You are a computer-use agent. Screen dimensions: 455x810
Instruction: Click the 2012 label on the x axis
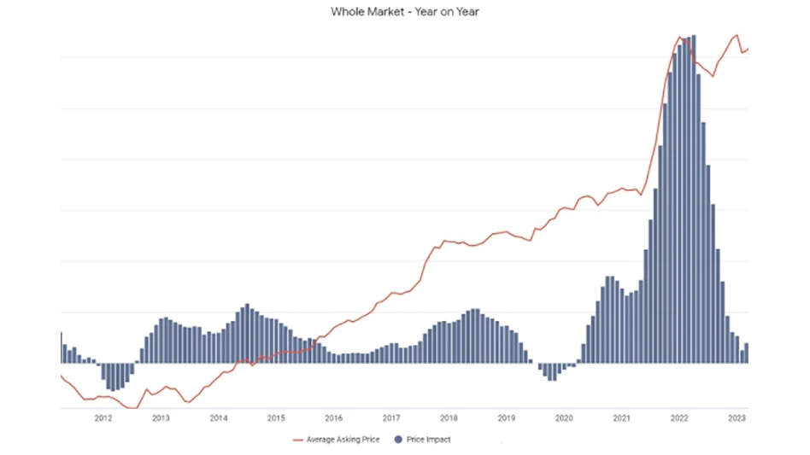pos(103,418)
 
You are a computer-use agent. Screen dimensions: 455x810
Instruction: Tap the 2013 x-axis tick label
pos(161,418)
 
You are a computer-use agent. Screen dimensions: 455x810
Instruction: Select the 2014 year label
pos(219,418)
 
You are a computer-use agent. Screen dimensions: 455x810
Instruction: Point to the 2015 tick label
pos(276,418)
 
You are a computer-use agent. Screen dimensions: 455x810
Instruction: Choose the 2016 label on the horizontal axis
pos(334,418)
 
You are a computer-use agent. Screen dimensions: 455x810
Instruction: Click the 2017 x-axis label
pos(391,418)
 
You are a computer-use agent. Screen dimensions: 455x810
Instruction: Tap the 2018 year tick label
pos(449,418)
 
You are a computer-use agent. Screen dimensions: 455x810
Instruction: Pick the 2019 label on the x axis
pos(507,418)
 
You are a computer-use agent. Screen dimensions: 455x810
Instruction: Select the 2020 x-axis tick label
pos(564,418)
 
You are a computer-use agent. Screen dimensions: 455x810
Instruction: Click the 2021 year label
pos(622,418)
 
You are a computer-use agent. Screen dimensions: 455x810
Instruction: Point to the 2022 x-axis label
pos(679,418)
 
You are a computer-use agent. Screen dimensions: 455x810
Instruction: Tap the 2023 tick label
pos(737,418)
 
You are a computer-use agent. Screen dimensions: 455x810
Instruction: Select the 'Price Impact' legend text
pos(430,440)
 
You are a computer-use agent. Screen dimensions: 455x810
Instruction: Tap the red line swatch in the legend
pos(298,440)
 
